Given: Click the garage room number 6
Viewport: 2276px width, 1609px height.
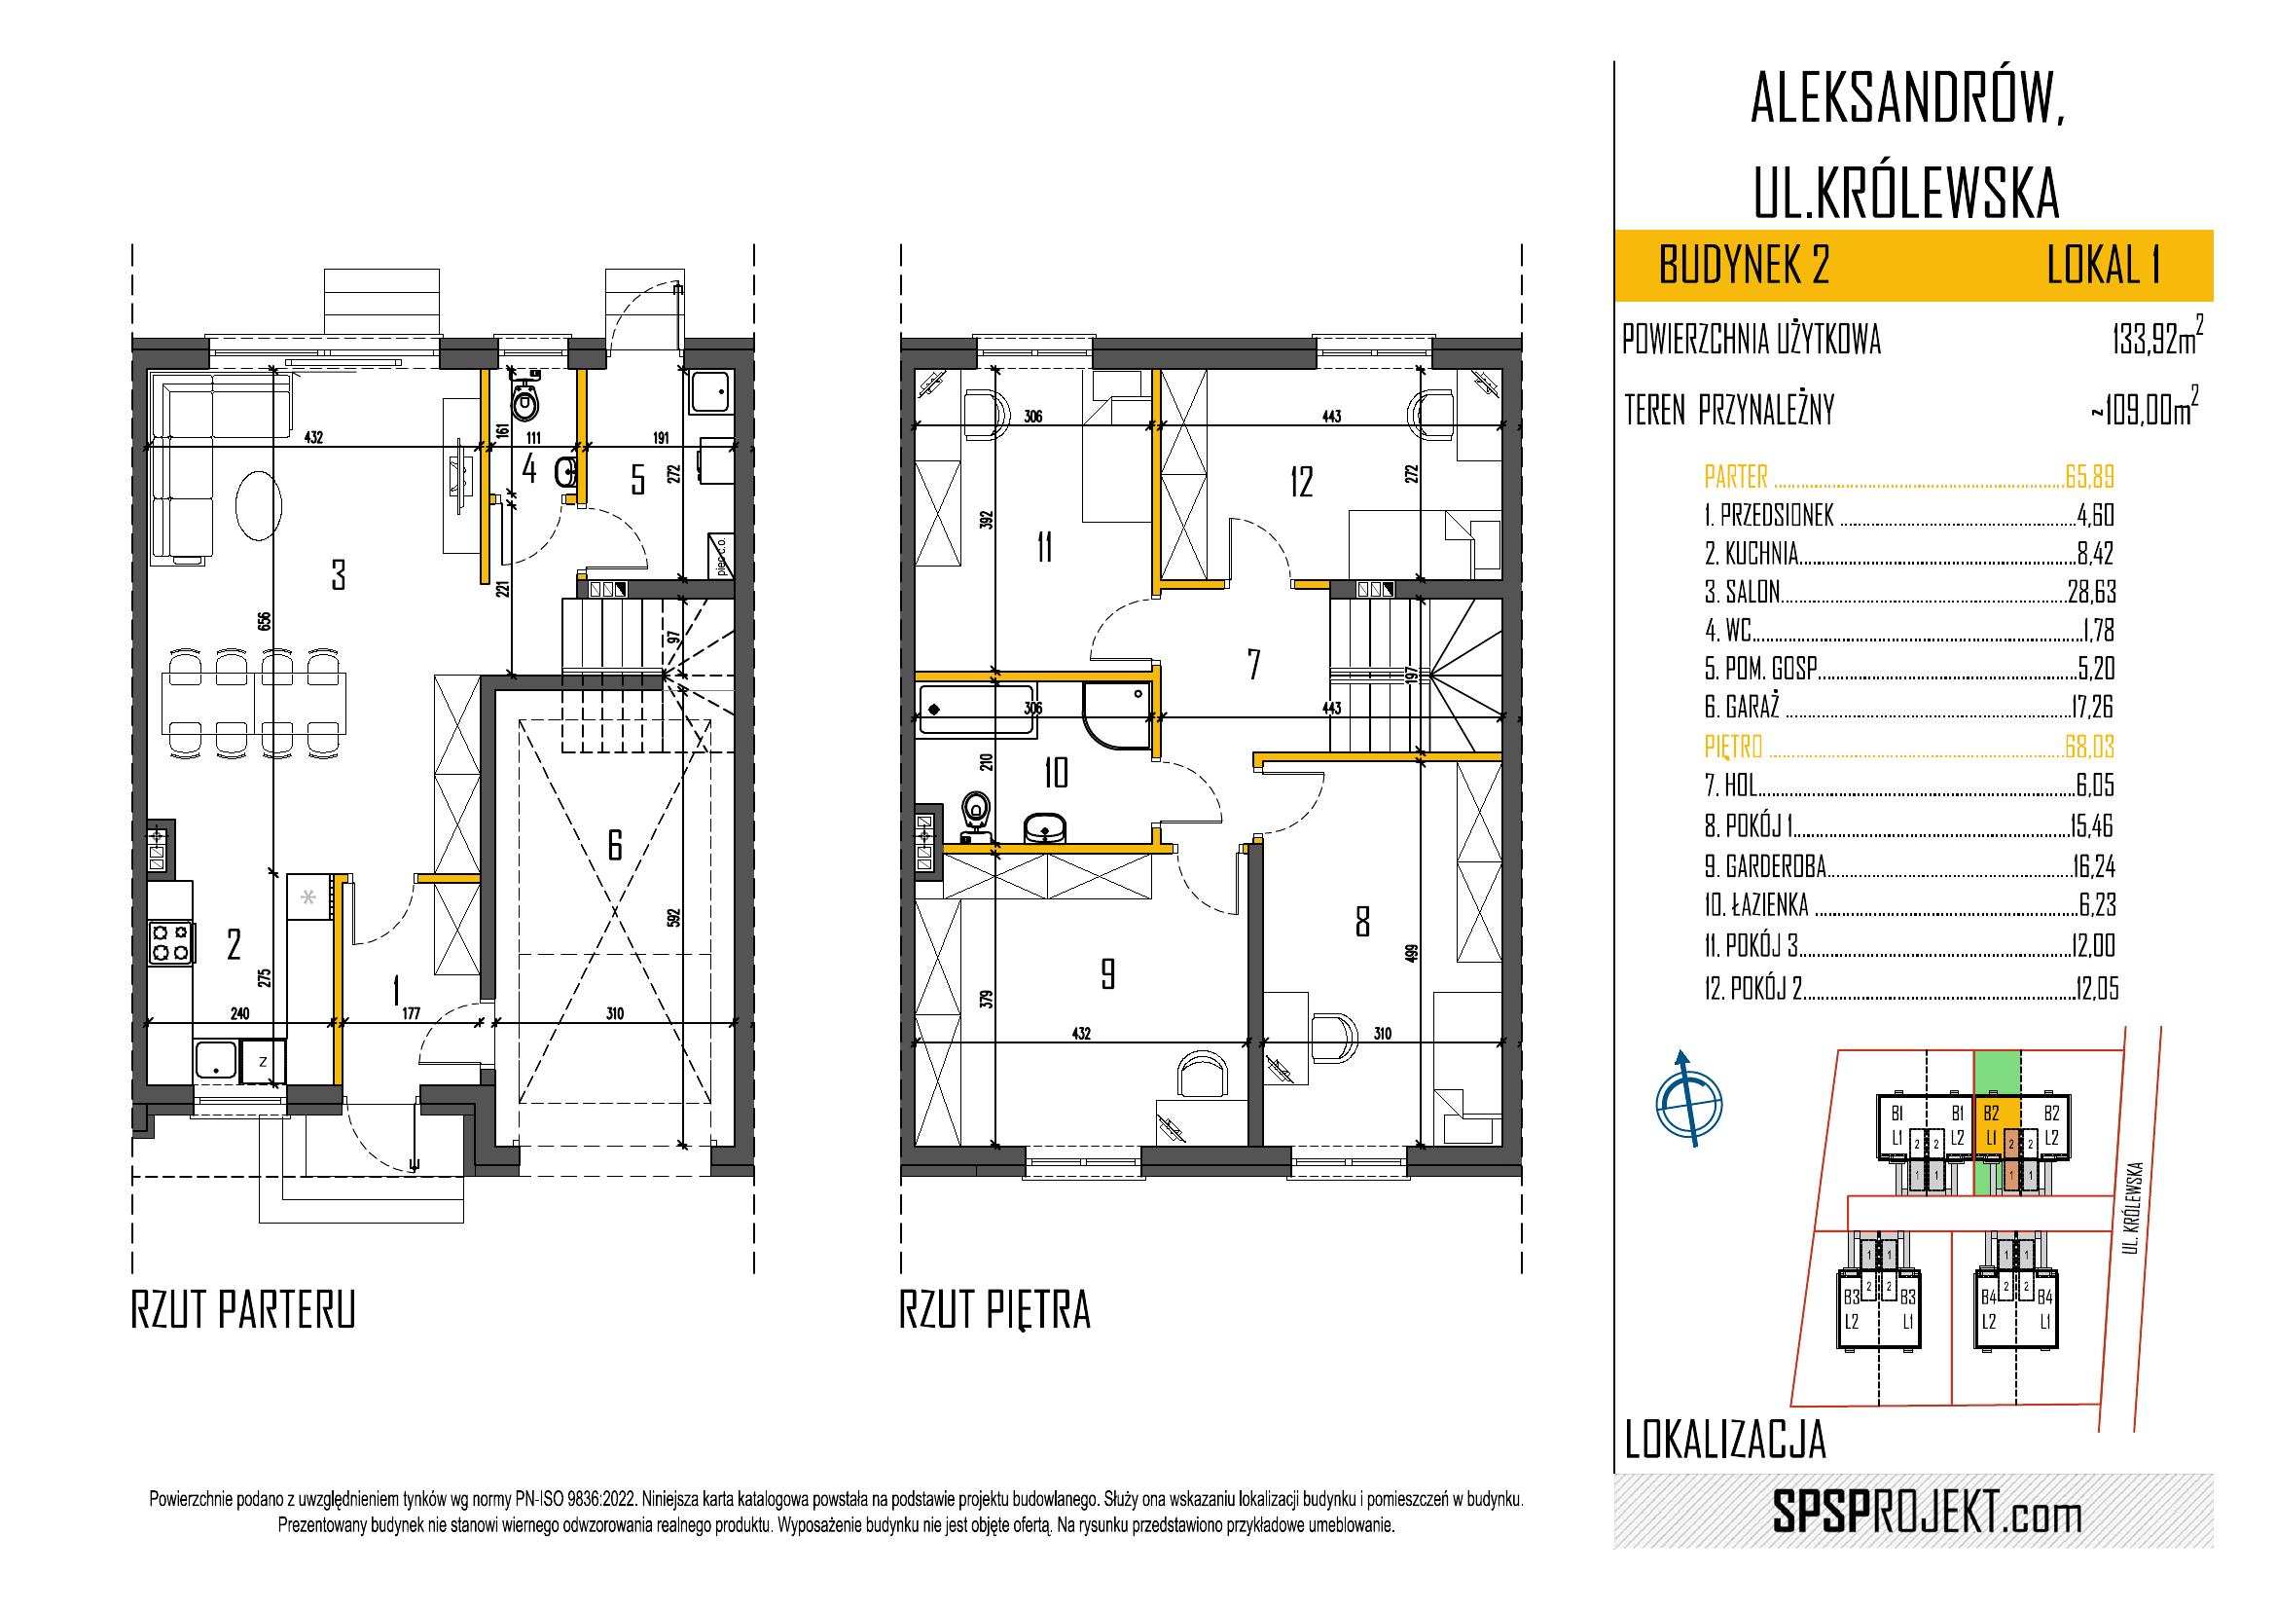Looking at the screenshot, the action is coord(615,846).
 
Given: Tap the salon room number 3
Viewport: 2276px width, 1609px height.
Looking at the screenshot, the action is coord(339,575).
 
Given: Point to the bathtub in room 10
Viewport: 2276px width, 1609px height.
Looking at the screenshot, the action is coord(976,710).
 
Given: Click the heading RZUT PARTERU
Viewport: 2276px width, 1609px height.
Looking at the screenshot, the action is coord(243,1309).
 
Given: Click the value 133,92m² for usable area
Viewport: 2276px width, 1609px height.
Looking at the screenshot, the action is coord(2157,339).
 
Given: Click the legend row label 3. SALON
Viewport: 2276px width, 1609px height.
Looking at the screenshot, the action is coord(1742,592).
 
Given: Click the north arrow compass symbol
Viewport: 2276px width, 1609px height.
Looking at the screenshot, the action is coord(1685,1098).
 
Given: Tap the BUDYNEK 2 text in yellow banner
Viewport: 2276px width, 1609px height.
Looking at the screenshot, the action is coord(1745,266).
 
